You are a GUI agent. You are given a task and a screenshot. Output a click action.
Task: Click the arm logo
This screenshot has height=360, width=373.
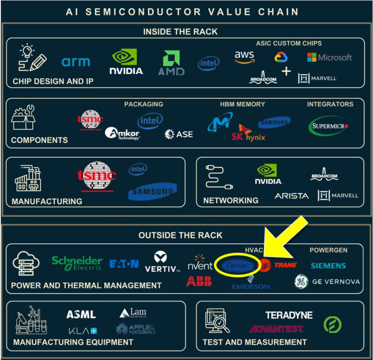pos(76,62)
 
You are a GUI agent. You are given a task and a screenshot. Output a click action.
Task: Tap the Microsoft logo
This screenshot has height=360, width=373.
pos(330,57)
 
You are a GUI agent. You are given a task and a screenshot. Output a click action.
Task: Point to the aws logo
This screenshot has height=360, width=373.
pos(244,57)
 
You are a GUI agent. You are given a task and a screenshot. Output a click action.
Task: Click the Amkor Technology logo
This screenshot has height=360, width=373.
pos(122,133)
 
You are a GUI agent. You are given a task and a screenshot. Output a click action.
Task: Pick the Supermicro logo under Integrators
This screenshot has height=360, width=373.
pos(328,126)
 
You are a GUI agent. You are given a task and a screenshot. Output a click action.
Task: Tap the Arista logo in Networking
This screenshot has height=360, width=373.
pos(291,196)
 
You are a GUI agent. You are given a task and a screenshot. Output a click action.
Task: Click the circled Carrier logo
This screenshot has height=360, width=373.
pos(238,265)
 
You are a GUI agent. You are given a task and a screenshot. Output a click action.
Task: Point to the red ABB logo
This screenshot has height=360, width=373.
pos(199,281)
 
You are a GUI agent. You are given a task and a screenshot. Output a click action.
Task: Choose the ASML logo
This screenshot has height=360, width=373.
pos(81,315)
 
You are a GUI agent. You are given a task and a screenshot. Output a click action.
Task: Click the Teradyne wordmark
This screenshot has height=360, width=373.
pos(289,315)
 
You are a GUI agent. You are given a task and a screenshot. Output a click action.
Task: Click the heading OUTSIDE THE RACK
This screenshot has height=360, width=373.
pos(180,235)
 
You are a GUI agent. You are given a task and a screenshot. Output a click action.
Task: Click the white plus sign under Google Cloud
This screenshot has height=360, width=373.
pos(286,72)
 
